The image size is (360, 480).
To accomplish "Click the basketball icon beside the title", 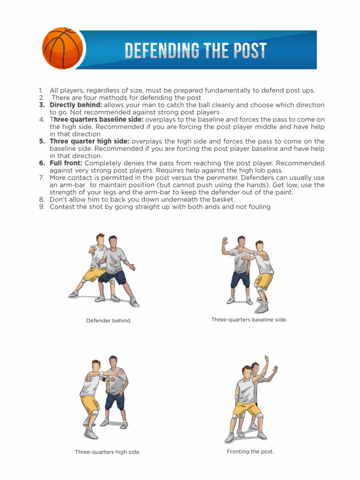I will (62, 49).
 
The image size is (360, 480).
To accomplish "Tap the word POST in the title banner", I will (247, 51).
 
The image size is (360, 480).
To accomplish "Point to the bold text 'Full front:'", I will (66, 163).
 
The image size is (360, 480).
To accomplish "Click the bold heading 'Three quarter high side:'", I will (90, 141).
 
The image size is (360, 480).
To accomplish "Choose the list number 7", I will (41, 178).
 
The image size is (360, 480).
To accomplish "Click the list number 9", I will (41, 207).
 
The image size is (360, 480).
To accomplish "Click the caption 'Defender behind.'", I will (109, 321).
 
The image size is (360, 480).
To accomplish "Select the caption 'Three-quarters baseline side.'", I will (249, 320).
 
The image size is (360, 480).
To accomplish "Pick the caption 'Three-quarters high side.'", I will (108, 452).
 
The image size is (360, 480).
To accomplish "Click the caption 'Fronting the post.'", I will (250, 451).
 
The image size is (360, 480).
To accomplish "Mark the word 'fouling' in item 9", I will (257, 207).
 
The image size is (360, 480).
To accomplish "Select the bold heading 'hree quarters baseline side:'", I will (98, 120).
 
